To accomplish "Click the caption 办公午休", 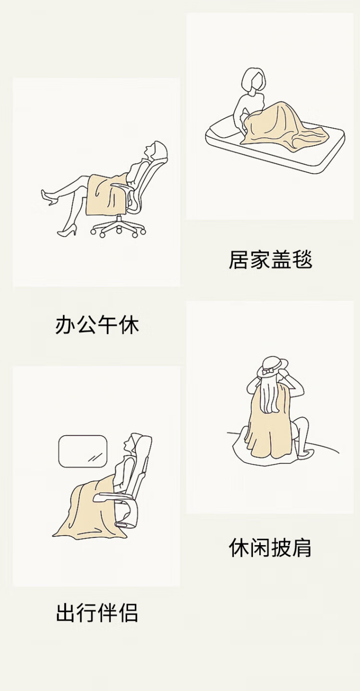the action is point(97,324).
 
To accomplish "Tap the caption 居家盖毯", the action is point(271,260).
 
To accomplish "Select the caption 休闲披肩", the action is point(270,548).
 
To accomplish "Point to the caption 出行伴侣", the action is point(97,612).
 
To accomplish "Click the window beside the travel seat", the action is point(83,451).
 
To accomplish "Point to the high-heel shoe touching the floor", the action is point(67,231).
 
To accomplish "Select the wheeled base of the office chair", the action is point(118,228).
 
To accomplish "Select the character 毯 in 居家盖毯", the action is point(302,260).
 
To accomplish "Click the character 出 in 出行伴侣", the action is point(65,612).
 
